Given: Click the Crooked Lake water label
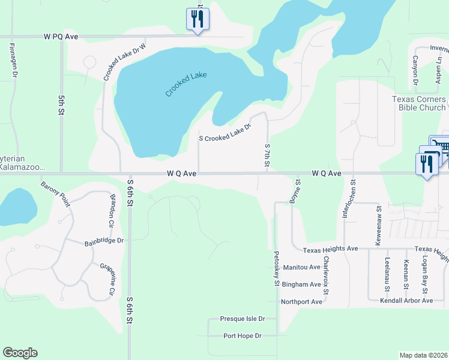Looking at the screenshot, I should (x=186, y=85).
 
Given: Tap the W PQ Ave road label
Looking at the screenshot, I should (x=61, y=37).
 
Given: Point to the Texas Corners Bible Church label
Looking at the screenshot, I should (x=419, y=103).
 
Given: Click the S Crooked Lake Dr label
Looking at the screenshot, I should (x=224, y=132).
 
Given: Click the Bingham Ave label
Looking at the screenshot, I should (x=302, y=284).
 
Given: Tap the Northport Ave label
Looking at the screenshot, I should (x=301, y=301).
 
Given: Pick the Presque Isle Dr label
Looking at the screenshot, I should (x=243, y=319).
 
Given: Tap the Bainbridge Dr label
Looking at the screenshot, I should (x=103, y=241).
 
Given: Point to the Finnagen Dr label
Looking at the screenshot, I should (x=13, y=59).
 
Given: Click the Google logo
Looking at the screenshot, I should (x=20, y=353).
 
